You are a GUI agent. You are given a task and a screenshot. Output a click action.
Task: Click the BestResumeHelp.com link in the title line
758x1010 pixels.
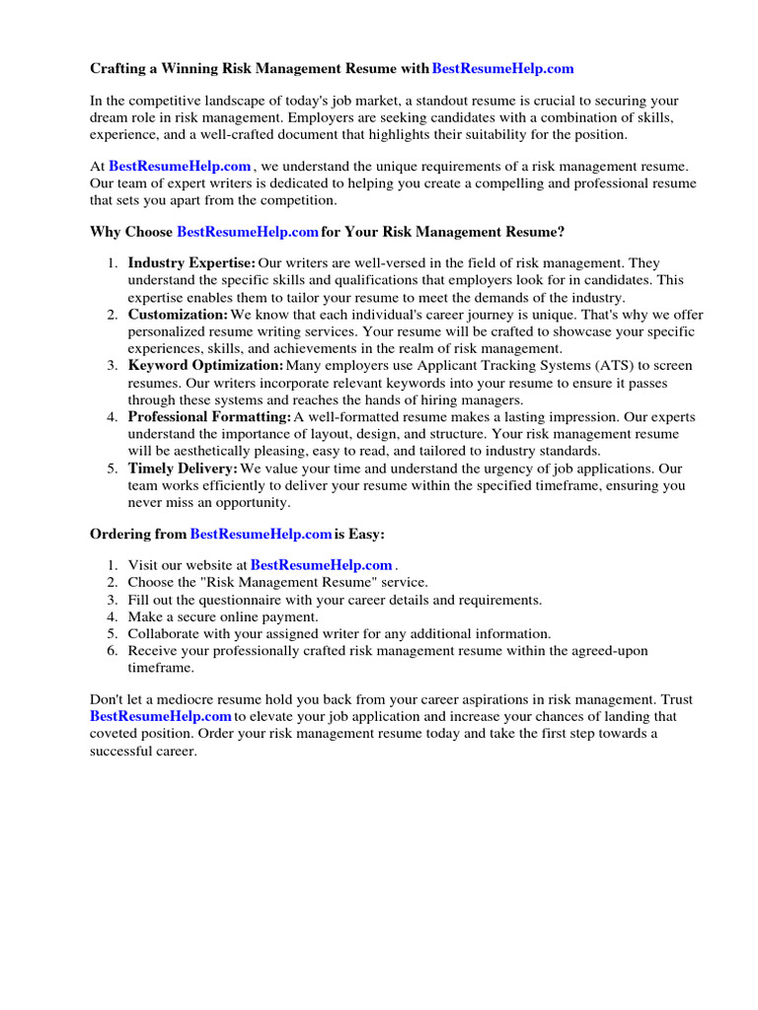pos(502,69)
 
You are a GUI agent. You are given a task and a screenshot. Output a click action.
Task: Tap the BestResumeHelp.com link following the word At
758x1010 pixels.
pos(180,167)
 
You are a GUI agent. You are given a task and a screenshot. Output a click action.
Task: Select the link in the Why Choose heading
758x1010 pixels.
pos(247,232)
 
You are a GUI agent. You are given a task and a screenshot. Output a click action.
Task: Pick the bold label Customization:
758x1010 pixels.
pos(178,315)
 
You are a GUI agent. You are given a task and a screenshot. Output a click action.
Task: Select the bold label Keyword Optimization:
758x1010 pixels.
pos(205,366)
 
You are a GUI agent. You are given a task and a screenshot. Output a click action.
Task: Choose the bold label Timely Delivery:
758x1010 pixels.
pos(183,469)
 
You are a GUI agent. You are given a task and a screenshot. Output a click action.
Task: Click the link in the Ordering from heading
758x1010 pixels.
pos(261,534)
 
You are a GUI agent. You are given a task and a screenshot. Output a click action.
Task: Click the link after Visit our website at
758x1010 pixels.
pos(322,565)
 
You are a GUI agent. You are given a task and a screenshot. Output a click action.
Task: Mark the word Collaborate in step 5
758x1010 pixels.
pos(164,633)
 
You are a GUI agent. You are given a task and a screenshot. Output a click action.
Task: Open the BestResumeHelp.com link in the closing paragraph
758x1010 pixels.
pos(161,716)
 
